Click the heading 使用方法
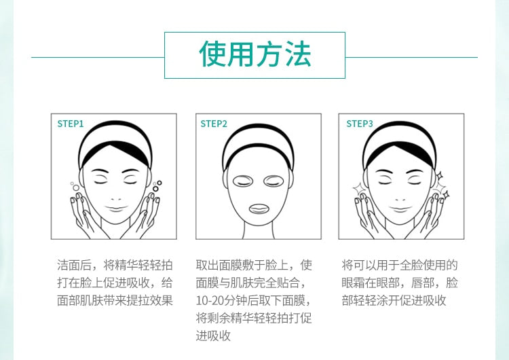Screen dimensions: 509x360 [255, 54]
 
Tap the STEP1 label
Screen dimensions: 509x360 [71, 124]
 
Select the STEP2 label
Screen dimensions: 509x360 [214, 124]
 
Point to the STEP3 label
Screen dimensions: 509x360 [359, 124]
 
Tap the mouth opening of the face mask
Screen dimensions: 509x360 [259, 209]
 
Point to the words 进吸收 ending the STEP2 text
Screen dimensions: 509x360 [213, 336]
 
